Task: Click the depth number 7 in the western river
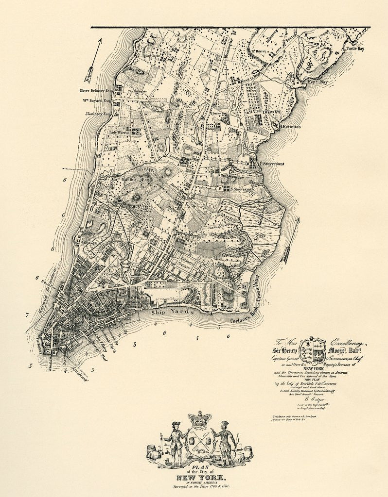[27, 315]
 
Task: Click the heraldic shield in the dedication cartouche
[312, 348]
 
